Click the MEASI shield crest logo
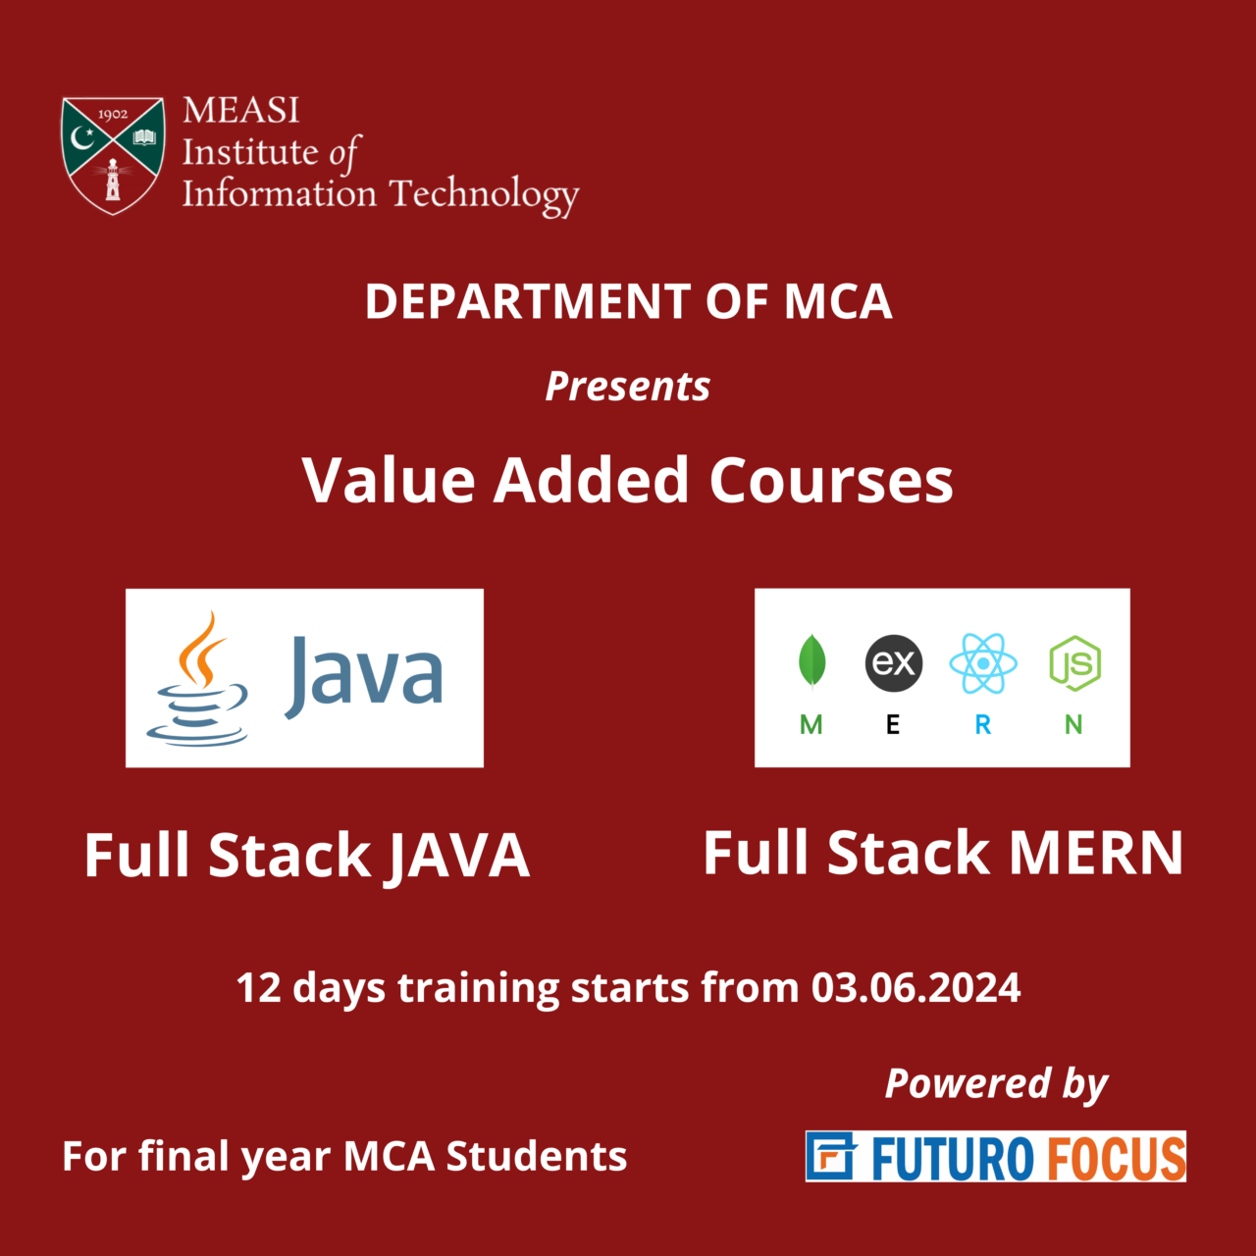click(113, 154)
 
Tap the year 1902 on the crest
click(113, 115)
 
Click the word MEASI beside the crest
click(240, 110)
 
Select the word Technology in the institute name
click(484, 195)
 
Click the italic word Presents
click(628, 387)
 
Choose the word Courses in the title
click(830, 481)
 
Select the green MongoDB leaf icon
click(811, 661)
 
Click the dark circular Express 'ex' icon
click(894, 663)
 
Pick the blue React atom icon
click(982, 663)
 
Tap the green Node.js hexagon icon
click(1074, 663)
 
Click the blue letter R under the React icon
click(982, 725)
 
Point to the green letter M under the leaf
click(811, 725)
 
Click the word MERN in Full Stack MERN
click(1096, 853)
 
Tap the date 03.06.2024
click(916, 988)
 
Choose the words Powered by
click(996, 1084)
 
